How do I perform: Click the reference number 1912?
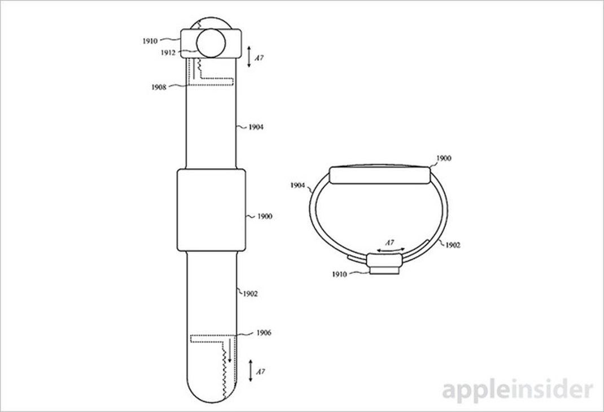click(x=168, y=53)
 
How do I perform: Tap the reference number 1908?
click(x=159, y=87)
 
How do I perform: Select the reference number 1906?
click(x=264, y=332)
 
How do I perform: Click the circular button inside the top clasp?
click(x=211, y=43)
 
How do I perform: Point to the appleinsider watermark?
click(x=517, y=391)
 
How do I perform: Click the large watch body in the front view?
click(x=212, y=210)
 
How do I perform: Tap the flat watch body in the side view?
click(x=380, y=175)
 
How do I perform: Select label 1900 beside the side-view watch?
click(x=444, y=158)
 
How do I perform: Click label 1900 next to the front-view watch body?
click(x=265, y=216)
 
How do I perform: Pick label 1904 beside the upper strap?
click(x=256, y=127)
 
